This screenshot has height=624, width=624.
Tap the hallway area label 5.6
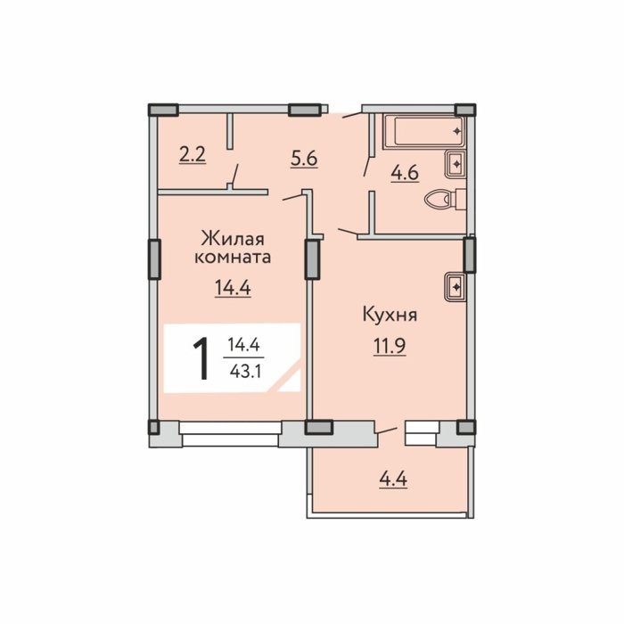[x=304, y=159]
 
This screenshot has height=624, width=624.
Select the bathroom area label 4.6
[x=405, y=173]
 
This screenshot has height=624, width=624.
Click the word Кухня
[x=390, y=315]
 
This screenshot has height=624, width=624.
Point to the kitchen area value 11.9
[x=390, y=346]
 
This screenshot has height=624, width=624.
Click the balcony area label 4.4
[x=393, y=480]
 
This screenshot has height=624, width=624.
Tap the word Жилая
[x=233, y=240]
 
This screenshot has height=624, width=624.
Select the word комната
[x=233, y=257]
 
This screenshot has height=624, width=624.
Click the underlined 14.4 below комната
[x=233, y=288]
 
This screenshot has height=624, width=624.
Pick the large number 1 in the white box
[x=201, y=358]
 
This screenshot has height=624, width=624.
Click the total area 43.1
[x=245, y=372]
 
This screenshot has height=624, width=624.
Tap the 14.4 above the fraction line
[x=243, y=345]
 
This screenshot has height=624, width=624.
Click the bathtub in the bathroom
[x=423, y=131]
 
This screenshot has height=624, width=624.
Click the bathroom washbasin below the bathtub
[x=456, y=163]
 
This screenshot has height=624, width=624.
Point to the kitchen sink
[x=456, y=286]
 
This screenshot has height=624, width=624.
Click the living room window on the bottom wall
[x=230, y=433]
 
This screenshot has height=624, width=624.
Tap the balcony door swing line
[x=387, y=431]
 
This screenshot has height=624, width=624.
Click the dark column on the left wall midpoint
[x=154, y=259]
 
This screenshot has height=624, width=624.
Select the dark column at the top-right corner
[x=464, y=110]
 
